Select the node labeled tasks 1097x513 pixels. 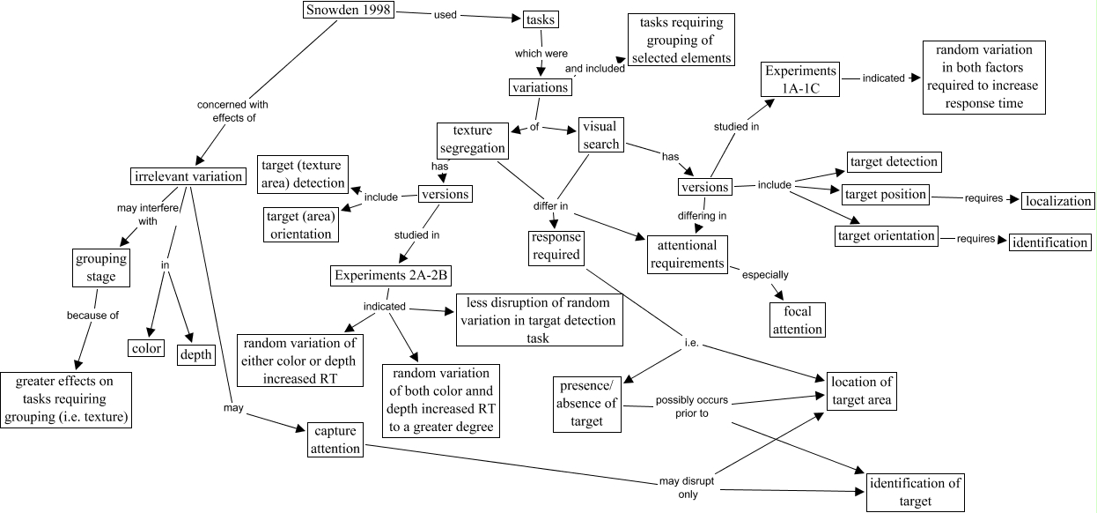click(x=541, y=19)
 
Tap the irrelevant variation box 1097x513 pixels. click(x=188, y=176)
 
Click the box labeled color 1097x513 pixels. click(x=145, y=348)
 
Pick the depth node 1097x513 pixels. click(x=196, y=354)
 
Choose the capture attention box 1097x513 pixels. click(x=336, y=439)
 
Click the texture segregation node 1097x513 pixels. click(x=472, y=139)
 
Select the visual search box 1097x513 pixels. click(x=600, y=135)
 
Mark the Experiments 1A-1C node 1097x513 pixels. click(x=800, y=78)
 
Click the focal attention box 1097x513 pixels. click(x=797, y=320)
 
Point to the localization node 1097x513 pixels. click(x=1057, y=201)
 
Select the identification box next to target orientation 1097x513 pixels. click(x=1049, y=242)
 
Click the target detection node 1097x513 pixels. click(x=893, y=161)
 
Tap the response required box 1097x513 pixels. click(x=556, y=246)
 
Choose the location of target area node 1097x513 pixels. click(x=861, y=390)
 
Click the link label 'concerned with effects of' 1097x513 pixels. click(x=232, y=110)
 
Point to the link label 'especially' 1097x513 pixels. click(x=765, y=274)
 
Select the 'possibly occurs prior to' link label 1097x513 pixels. click(x=682, y=406)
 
